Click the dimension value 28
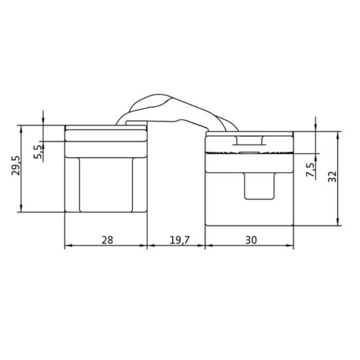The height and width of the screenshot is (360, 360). point(106,239)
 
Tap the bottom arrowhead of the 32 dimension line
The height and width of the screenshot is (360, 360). point(338,222)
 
